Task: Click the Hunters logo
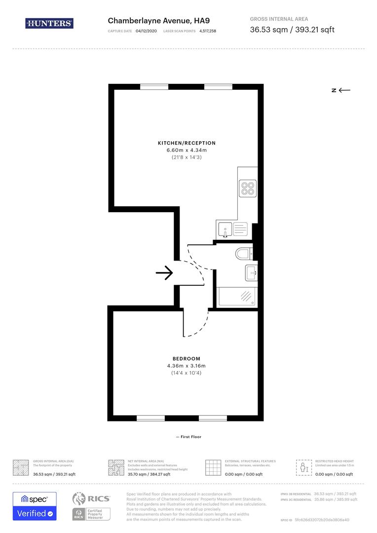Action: (x=49, y=23)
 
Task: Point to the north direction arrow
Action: (x=341, y=90)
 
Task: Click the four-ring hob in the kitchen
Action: (x=247, y=188)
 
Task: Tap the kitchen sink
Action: (x=226, y=229)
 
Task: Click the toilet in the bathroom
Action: (x=244, y=254)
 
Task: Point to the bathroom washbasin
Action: (x=251, y=272)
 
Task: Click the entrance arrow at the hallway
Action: (x=164, y=272)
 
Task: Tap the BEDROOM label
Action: (x=186, y=358)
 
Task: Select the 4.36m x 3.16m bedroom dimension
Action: (x=186, y=366)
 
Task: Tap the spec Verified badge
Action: (x=35, y=506)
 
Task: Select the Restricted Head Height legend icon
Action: (x=302, y=467)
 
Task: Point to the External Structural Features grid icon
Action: (x=213, y=467)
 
